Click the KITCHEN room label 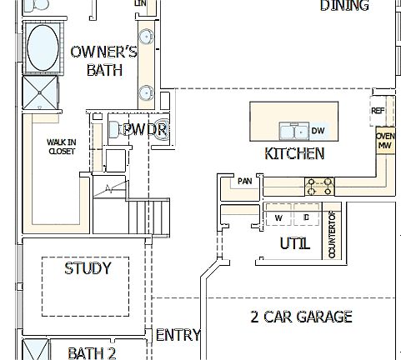[294, 153]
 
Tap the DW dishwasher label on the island [318, 131]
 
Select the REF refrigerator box [378, 110]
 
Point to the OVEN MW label [385, 141]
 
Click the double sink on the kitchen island [293, 131]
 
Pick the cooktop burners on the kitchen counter [319, 184]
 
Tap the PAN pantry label [244, 181]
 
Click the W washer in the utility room [278, 217]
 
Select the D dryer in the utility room [306, 217]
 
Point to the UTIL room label [295, 244]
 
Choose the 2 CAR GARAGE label [301, 317]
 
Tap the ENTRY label [178, 335]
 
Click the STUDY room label [87, 268]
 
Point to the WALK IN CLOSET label [62, 147]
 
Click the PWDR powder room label [145, 129]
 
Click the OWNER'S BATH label [104, 61]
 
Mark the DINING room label [344, 6]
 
